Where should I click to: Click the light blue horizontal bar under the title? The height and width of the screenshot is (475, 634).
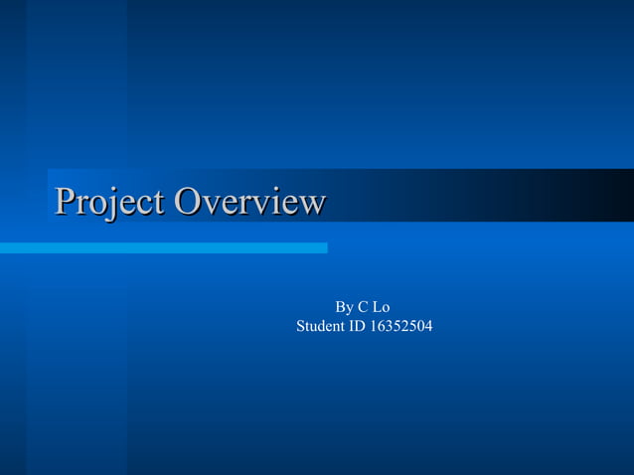point(163,247)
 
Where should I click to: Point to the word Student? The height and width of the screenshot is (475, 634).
point(319,326)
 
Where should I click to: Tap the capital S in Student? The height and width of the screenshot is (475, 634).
point(301,326)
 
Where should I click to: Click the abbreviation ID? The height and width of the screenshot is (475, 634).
point(355,326)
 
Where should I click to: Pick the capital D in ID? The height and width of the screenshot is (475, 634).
point(359,326)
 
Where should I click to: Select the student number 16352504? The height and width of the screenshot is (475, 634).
point(400,326)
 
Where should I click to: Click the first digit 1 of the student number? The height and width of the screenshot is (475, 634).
point(374,326)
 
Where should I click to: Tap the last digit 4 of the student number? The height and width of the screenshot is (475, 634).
point(428,326)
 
